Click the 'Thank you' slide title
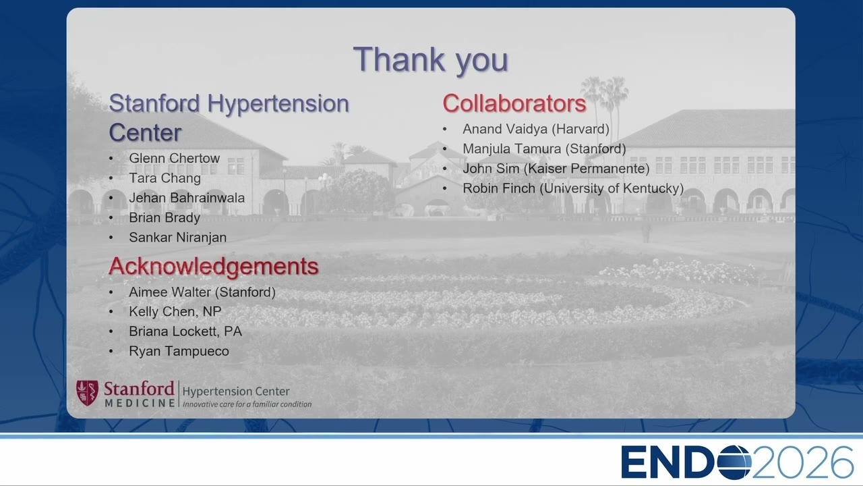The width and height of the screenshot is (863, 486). point(431,60)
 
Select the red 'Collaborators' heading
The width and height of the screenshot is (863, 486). point(514,103)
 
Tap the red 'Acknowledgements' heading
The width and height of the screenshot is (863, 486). point(214,266)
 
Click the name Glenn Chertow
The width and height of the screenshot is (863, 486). point(174,158)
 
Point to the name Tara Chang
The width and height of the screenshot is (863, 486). point(165,178)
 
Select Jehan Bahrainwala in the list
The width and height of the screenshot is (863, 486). point(187,198)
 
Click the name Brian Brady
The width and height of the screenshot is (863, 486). point(165,217)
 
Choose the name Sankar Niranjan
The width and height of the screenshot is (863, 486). point(177,237)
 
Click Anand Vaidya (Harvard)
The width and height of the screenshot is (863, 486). point(536,129)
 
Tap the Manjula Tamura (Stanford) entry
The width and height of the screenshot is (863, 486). point(544,149)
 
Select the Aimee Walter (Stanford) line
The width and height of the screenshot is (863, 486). point(202,292)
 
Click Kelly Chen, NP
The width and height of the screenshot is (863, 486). point(175,312)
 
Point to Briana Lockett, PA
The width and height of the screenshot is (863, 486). point(185,331)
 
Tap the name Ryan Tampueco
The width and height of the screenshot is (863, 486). point(179,351)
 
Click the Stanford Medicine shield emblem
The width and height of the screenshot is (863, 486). point(87,393)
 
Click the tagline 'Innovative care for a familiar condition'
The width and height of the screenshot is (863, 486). point(247,404)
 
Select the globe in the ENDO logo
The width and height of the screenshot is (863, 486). point(734,462)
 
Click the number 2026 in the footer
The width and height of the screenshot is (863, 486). point(802,462)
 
